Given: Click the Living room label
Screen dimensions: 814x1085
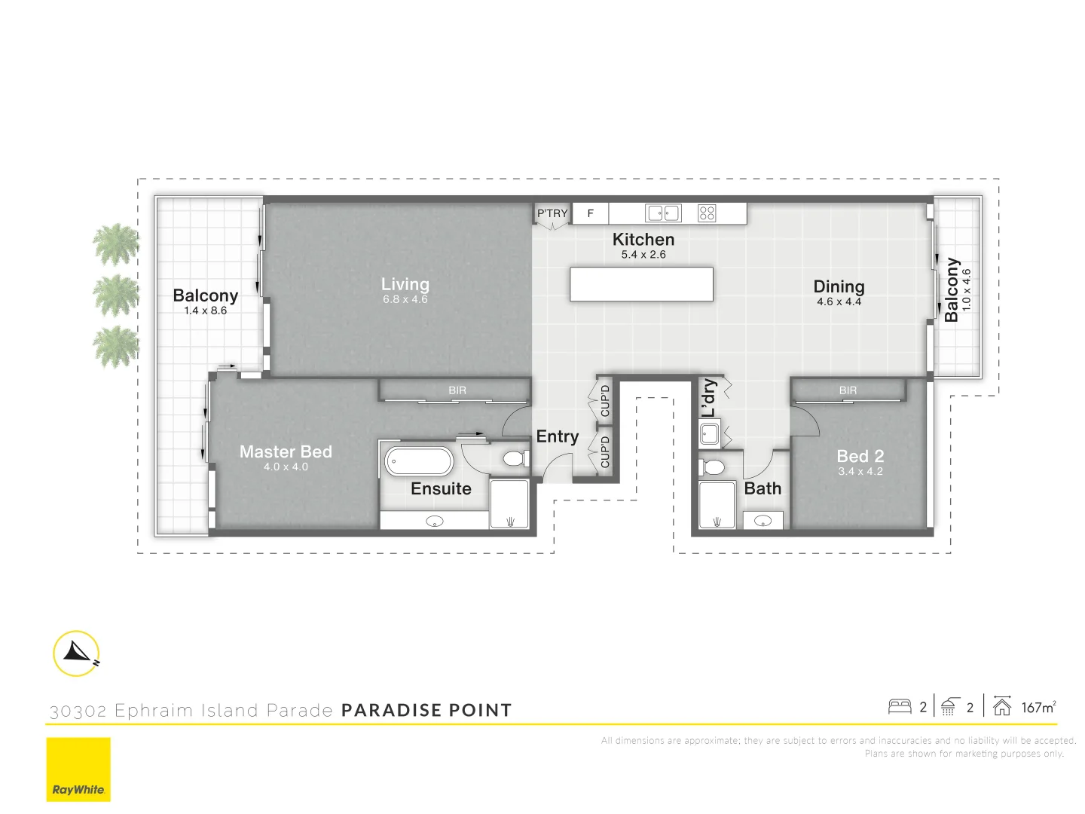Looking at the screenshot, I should click(x=405, y=284).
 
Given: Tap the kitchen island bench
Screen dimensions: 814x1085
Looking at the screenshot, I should click(x=641, y=284).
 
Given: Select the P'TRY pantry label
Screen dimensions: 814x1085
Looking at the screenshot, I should click(x=552, y=213).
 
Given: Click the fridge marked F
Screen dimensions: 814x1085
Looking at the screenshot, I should click(x=591, y=213).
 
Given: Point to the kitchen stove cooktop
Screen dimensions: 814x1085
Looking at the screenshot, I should click(x=707, y=213).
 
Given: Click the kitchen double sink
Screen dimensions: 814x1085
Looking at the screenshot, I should click(x=663, y=213).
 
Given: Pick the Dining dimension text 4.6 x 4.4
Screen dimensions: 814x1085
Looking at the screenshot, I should click(x=839, y=301).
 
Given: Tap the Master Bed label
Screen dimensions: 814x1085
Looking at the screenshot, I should click(x=286, y=451).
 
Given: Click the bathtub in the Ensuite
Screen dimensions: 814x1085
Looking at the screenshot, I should click(x=419, y=461).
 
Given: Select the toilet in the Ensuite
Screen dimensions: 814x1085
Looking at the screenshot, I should click(x=515, y=458).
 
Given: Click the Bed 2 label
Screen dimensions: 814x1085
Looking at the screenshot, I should click(x=860, y=456).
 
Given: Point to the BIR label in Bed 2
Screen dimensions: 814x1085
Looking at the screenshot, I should click(x=848, y=390).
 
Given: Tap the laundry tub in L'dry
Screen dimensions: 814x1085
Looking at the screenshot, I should click(x=710, y=434).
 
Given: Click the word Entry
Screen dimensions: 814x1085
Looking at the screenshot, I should click(x=558, y=436).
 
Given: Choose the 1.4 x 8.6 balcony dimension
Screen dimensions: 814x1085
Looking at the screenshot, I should click(x=205, y=311).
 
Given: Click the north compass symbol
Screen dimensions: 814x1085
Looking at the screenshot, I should click(x=77, y=653).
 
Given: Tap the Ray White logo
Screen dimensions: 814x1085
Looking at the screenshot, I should click(x=78, y=770).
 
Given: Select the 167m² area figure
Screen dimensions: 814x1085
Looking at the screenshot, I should click(x=1038, y=707).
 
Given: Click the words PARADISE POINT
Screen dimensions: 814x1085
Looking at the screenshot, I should click(x=426, y=710).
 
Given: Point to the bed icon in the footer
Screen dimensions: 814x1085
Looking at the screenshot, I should click(x=900, y=707).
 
